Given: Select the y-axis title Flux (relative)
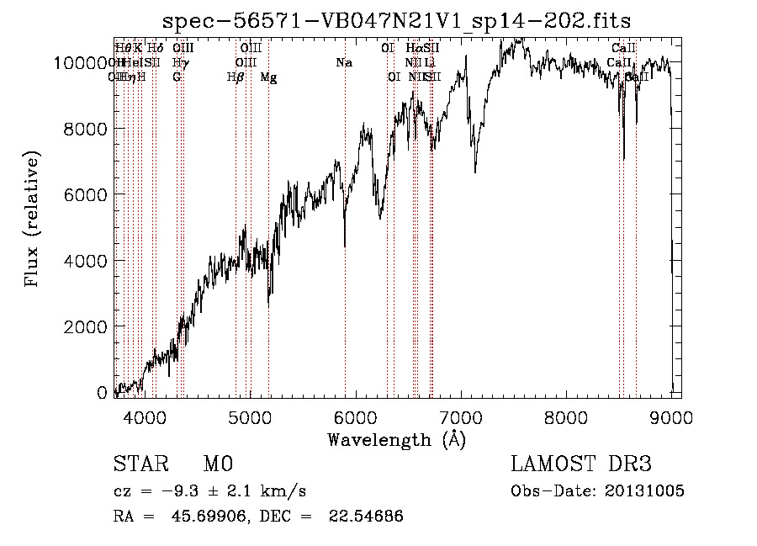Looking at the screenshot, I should (33, 220).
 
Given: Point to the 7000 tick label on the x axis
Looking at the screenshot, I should (460, 416).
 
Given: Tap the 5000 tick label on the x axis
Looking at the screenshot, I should (249, 416).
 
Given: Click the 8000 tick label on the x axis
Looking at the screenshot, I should (565, 416).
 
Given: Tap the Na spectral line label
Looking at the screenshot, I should (343, 62).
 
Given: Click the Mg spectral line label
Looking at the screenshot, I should (268, 77).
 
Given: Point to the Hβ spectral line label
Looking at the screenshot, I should (236, 77).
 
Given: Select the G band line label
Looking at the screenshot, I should (177, 77).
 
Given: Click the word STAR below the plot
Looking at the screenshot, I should (140, 464).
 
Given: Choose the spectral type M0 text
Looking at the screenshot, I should (217, 464).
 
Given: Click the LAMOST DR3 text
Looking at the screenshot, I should (580, 464).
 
